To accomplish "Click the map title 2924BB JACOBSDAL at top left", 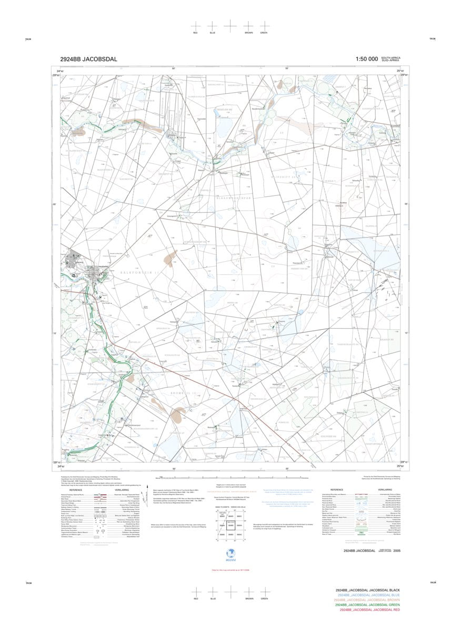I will (89, 59).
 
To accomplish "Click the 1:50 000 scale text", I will (366, 59).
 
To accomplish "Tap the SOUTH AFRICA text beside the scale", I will (391, 57).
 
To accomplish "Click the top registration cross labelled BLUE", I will (212, 26).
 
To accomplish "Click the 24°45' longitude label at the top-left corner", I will (61, 71).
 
